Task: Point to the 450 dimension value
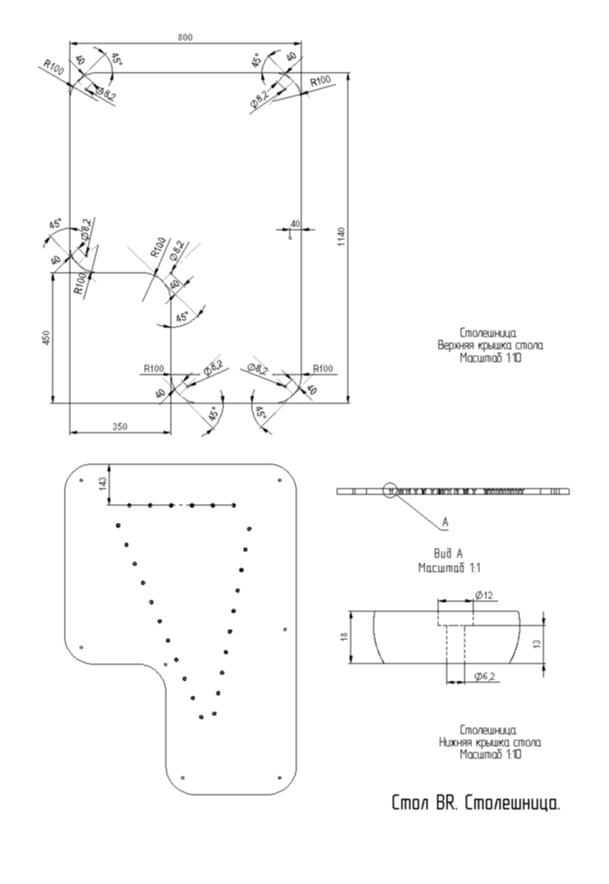click(x=45, y=338)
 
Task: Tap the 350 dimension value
click(x=120, y=427)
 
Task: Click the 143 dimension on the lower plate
click(x=102, y=484)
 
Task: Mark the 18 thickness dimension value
click(x=344, y=637)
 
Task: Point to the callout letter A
click(x=445, y=523)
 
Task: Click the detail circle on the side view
click(x=391, y=491)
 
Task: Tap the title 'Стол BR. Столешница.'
click(x=476, y=803)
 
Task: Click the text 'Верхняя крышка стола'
click(x=490, y=345)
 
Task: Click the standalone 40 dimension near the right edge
click(x=294, y=224)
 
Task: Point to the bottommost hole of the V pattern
click(x=201, y=716)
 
